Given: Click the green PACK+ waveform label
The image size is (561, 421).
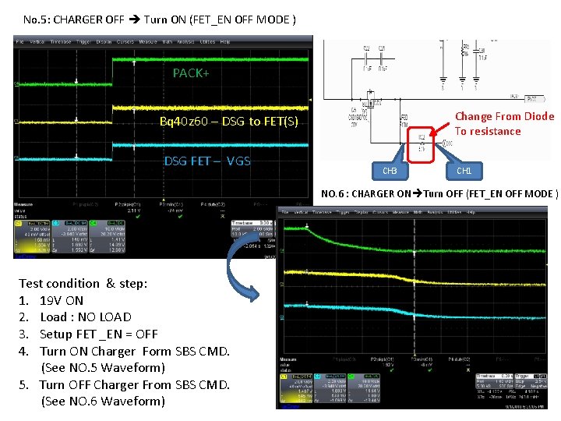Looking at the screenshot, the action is point(191,73).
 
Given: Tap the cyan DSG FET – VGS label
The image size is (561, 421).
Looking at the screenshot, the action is point(206,161).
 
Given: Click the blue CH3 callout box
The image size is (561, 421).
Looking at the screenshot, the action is point(390,171).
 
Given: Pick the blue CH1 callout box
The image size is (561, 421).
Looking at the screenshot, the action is point(464,170).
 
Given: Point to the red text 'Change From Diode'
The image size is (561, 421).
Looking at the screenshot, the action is point(504,116).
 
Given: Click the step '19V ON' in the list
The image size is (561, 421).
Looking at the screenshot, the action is point(62,300).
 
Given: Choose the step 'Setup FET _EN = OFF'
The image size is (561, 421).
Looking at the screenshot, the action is point(98,334).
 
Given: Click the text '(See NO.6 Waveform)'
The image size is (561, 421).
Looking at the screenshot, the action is point(103,401).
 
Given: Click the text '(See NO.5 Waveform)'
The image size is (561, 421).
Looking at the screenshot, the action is point(103,367).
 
